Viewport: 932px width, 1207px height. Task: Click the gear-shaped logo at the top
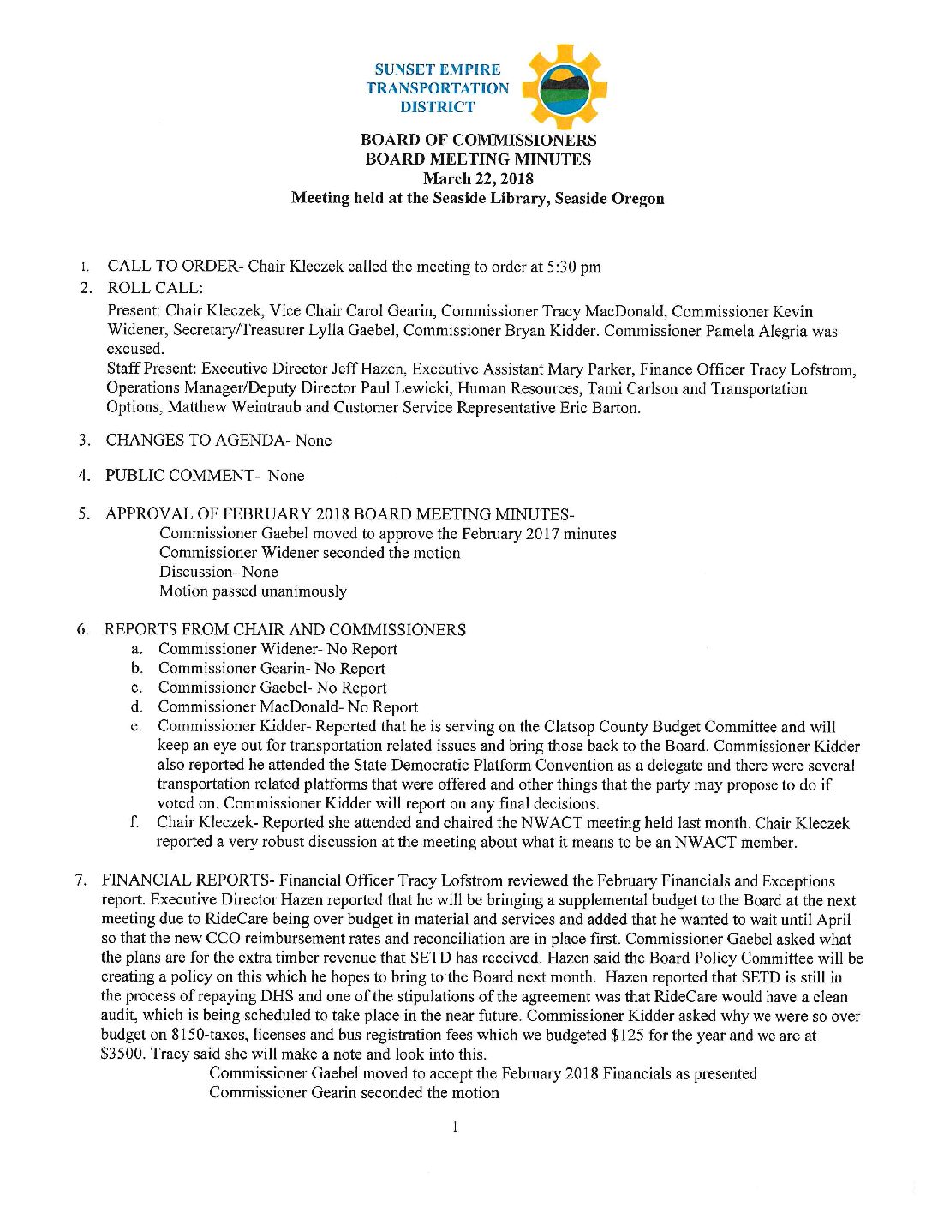[x=564, y=87]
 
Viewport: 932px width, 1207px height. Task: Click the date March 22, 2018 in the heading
[x=478, y=178]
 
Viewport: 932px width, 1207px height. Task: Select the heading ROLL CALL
[x=155, y=288]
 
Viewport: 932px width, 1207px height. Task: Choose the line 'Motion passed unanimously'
[x=253, y=591]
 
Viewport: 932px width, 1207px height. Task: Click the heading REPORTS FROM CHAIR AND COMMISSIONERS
[x=284, y=630]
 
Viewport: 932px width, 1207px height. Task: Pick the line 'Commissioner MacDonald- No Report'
[x=288, y=707]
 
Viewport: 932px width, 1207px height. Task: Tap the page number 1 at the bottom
[x=455, y=1126]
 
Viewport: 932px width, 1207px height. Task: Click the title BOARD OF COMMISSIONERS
[x=478, y=140]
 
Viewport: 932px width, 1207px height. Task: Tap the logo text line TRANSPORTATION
[x=437, y=88]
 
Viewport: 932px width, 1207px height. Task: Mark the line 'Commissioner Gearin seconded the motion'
[x=354, y=1093]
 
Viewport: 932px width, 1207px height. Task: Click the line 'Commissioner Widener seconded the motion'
[x=309, y=553]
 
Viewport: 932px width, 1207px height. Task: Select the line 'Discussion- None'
[x=218, y=572]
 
